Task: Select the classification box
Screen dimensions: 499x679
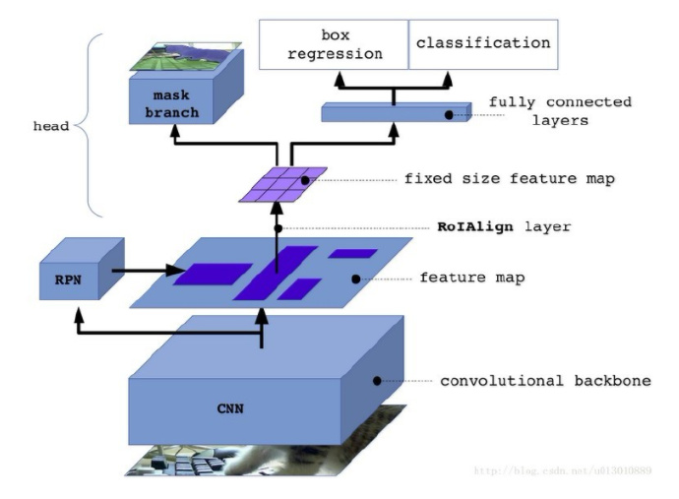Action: (x=482, y=44)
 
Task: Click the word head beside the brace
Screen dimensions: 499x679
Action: (x=52, y=126)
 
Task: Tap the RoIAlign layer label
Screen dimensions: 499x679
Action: (x=504, y=226)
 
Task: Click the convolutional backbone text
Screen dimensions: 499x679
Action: (x=545, y=380)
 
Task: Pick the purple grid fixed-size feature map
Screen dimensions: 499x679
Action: (x=282, y=184)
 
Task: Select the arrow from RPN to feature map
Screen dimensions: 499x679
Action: (x=148, y=268)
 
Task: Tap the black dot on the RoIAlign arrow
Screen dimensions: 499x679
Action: (x=278, y=228)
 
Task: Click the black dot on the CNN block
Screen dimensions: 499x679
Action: (x=376, y=380)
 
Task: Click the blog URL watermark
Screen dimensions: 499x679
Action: (x=562, y=471)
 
